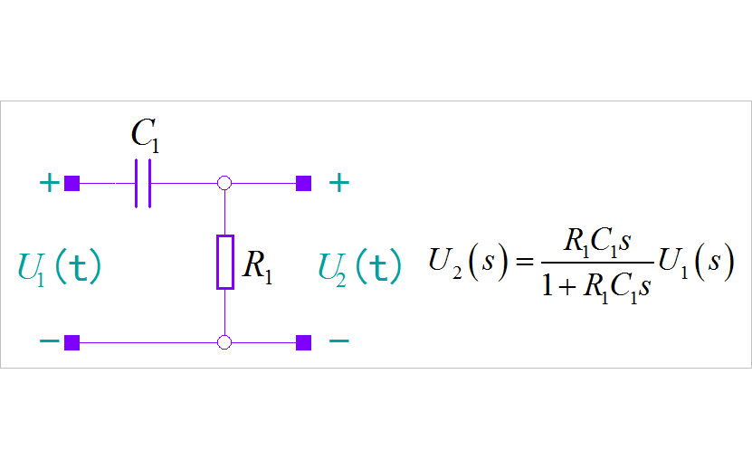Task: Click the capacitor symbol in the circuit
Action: point(143,184)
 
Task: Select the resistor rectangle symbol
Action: point(225,263)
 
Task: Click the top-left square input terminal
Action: point(72,184)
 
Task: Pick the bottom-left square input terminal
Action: point(72,342)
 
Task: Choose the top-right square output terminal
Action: point(304,184)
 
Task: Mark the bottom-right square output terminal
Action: point(304,342)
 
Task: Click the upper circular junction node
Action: point(225,184)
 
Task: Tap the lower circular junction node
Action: point(225,342)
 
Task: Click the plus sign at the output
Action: point(338,184)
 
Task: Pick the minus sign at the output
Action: point(338,342)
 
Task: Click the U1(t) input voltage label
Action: point(60,267)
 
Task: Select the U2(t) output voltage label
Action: point(359,267)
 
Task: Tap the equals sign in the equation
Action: point(524,264)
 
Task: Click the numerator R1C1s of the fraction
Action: point(596,242)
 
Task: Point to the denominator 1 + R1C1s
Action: point(596,288)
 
